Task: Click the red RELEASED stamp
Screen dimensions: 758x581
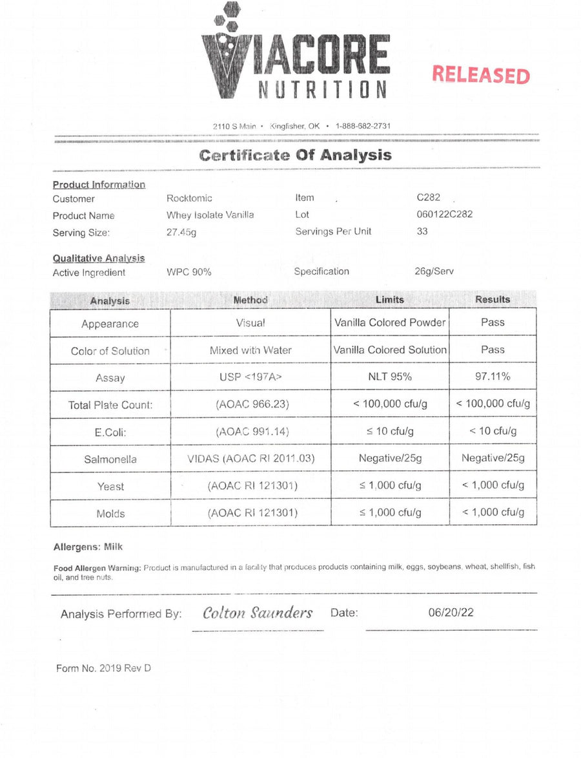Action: tap(481, 75)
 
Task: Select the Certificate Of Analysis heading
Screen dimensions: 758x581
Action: tap(295, 155)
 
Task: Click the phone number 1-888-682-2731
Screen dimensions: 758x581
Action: tap(363, 126)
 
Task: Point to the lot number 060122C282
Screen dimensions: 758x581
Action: tap(444, 215)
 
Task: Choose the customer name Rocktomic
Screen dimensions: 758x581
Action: tap(189, 198)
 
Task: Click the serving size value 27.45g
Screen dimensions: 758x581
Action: tap(181, 233)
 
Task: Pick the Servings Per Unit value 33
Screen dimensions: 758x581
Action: tap(422, 231)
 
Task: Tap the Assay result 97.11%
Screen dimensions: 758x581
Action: tap(493, 377)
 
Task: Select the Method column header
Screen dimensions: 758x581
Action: tap(250, 300)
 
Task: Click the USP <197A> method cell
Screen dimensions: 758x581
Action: tap(250, 377)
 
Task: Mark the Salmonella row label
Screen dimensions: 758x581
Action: tap(110, 459)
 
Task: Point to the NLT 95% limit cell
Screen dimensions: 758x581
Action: tap(390, 377)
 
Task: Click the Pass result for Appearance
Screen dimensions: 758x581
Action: tap(493, 322)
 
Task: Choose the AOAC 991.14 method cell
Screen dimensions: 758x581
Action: tap(250, 432)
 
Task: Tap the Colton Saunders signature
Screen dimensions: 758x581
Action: tap(258, 613)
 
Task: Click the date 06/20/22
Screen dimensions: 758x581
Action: tap(451, 612)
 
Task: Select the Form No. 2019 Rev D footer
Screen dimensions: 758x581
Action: tap(103, 668)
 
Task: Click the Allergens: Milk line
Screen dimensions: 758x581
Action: tap(88, 547)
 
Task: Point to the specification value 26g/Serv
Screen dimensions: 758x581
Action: tap(434, 271)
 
